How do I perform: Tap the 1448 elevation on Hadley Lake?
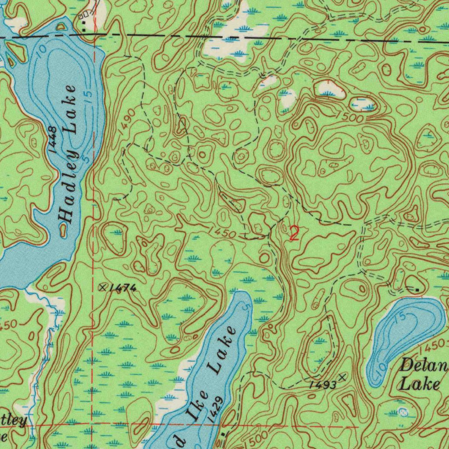coord(52,139)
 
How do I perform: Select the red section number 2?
coord(294,233)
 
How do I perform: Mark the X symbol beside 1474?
coord(103,287)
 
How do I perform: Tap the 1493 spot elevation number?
coord(322,385)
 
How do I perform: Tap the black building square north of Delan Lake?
coord(417,290)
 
